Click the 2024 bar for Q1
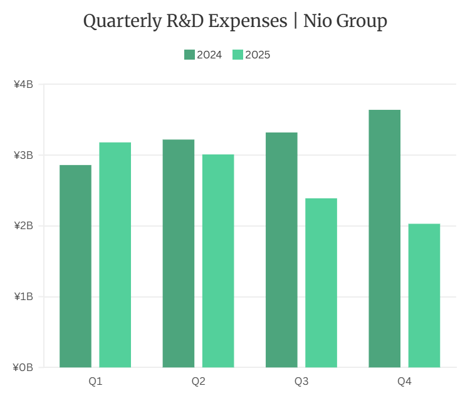coord(75,266)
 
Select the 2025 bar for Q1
coord(115,255)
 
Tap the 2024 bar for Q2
coord(179,254)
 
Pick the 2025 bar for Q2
coord(218,261)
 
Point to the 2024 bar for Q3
coord(281,250)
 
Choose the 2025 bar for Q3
coord(321,283)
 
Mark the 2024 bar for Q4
coord(384,239)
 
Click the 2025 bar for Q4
coord(424,295)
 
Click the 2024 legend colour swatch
coord(189,55)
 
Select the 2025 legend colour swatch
coord(237,55)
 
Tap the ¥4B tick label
coord(23,85)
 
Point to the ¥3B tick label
coord(23,155)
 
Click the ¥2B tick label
coord(23,226)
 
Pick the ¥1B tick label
coord(23,296)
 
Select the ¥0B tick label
coord(23,367)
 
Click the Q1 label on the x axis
coord(95,381)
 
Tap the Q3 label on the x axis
coord(301,381)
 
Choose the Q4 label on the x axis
coord(404,381)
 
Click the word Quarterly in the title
coord(123,22)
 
